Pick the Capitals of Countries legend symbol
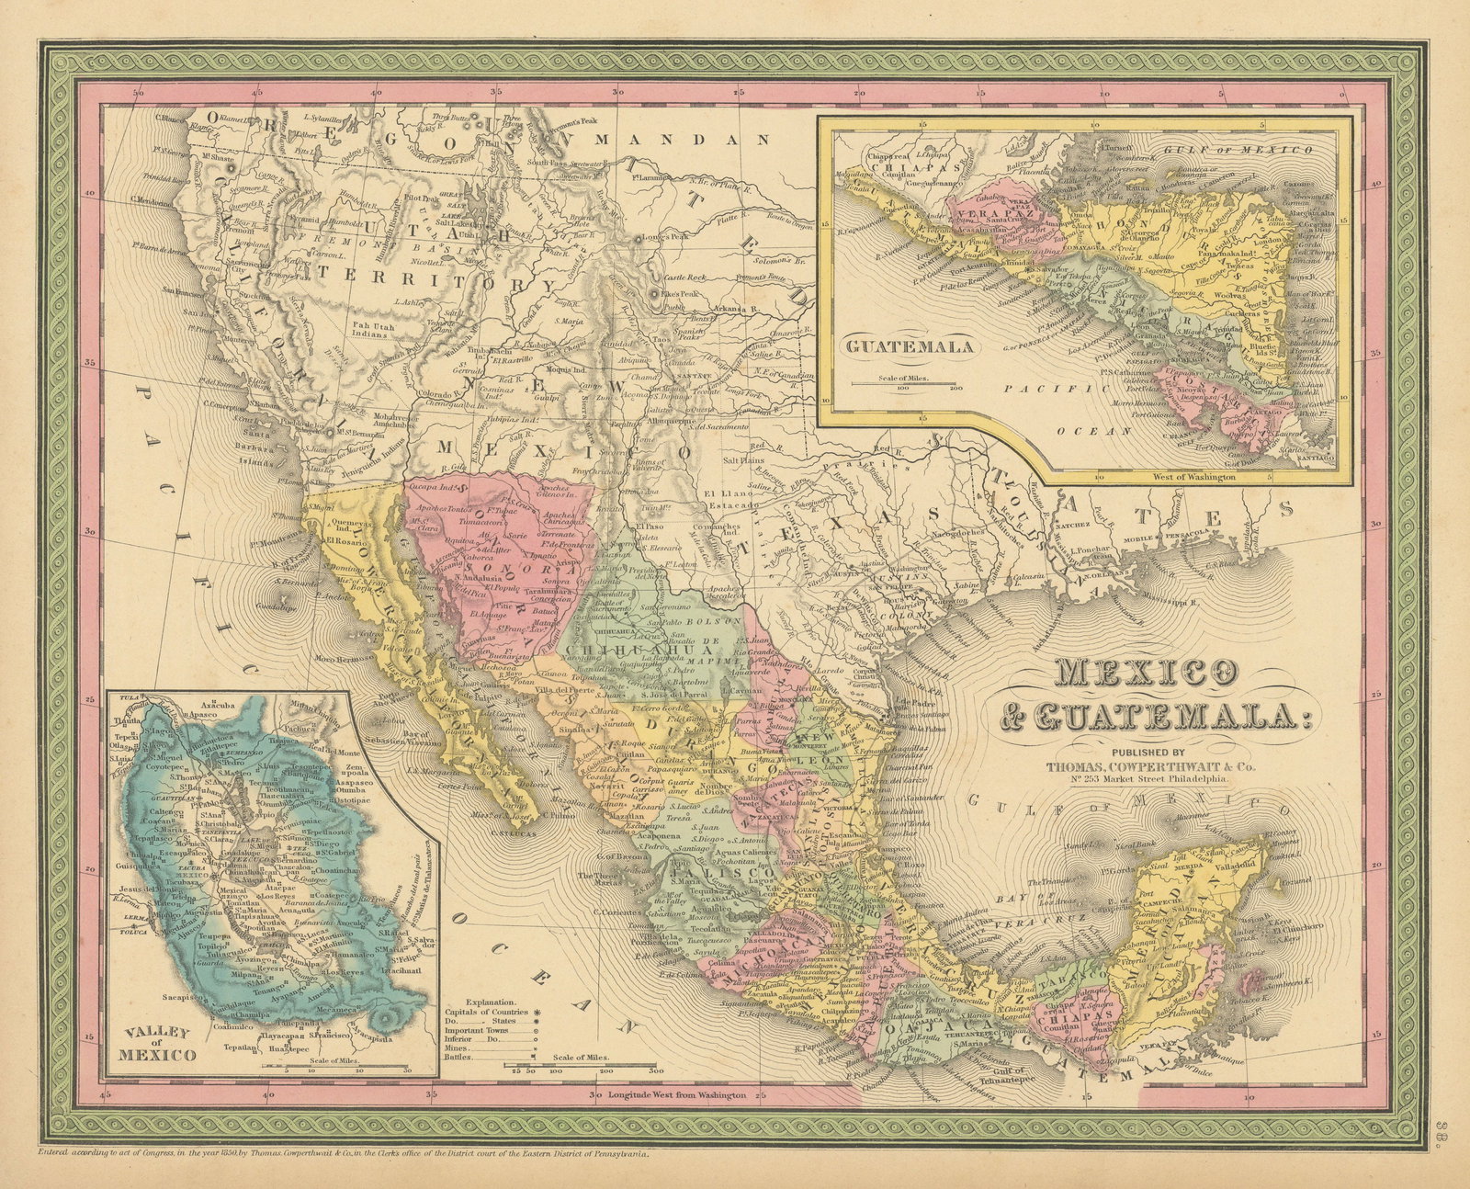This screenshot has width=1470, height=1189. coord(536,1008)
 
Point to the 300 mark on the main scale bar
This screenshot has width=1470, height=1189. coord(654,1071)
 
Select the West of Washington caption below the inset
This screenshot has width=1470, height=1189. coord(1192,478)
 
